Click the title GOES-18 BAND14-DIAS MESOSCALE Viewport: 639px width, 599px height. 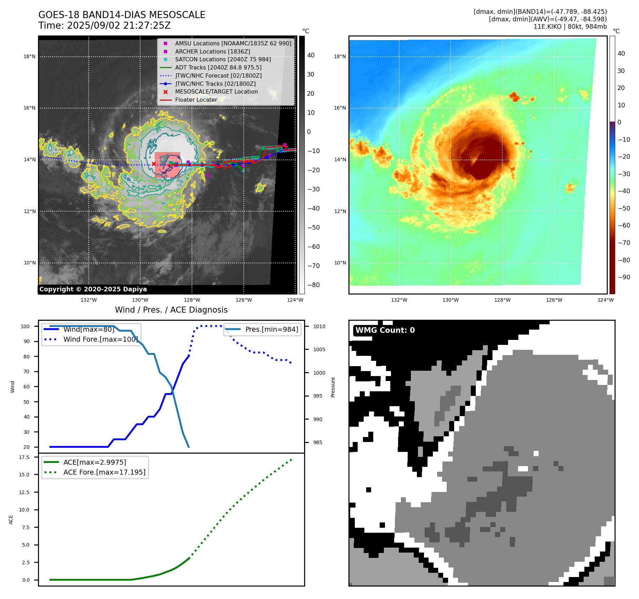(122, 15)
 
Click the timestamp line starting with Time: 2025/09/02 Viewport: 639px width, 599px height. (104, 26)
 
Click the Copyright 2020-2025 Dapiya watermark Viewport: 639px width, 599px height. (93, 289)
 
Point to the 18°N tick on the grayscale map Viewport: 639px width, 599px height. (29, 56)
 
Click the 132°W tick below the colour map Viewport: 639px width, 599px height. (399, 300)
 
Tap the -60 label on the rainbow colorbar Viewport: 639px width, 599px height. (624, 225)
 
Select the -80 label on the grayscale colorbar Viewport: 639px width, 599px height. (313, 285)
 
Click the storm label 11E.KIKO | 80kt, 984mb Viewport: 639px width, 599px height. (570, 27)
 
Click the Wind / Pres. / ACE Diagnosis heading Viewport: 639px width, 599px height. (171, 310)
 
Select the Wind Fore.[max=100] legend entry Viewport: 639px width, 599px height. (100, 339)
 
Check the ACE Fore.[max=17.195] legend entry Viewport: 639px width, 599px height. (104, 472)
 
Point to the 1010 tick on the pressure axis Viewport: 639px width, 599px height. (319, 326)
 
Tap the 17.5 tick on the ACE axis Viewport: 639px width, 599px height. (24, 457)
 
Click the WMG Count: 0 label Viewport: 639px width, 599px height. (385, 330)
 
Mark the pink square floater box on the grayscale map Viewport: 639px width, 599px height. (167, 165)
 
